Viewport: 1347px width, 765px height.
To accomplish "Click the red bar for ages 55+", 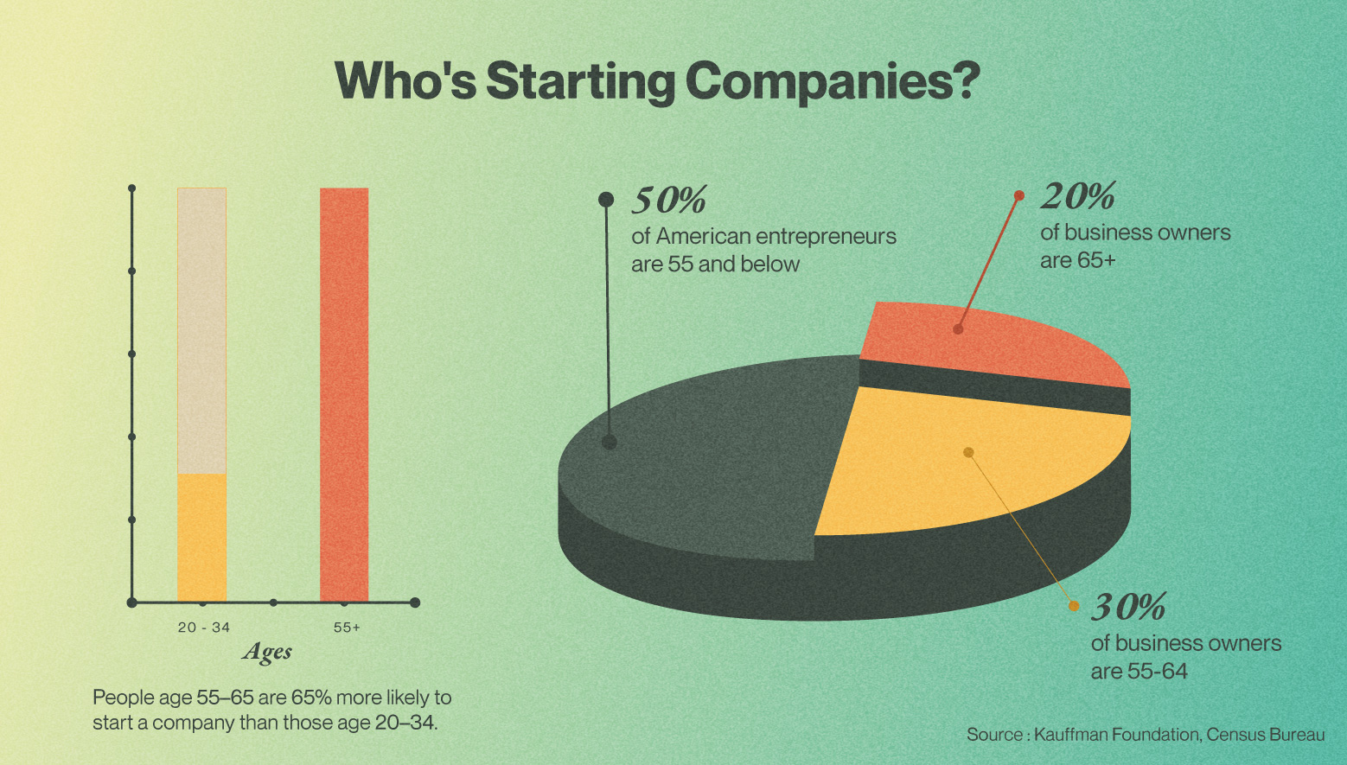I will [344, 393].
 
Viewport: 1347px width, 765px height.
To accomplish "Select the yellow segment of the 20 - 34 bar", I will [201, 536].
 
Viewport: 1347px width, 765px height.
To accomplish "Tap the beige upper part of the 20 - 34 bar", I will [201, 328].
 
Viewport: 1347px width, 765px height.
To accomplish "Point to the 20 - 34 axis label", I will [204, 628].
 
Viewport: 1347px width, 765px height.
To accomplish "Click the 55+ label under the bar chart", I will [347, 628].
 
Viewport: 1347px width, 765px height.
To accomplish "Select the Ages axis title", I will [267, 652].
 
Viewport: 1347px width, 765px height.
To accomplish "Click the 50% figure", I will [669, 201].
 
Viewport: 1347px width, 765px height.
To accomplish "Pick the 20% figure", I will [1077, 197].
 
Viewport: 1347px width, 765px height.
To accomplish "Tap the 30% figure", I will [1129, 608].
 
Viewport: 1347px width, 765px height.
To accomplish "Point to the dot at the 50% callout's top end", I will [606, 200].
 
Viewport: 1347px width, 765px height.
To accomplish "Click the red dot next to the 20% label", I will [1019, 195].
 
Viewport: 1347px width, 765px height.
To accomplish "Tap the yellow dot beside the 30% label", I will [1074, 606].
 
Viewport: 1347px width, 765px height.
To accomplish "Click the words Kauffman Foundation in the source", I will [1116, 735].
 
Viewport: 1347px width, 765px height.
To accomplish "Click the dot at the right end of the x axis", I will [415, 602].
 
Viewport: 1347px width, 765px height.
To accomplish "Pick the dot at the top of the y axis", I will [132, 188].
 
